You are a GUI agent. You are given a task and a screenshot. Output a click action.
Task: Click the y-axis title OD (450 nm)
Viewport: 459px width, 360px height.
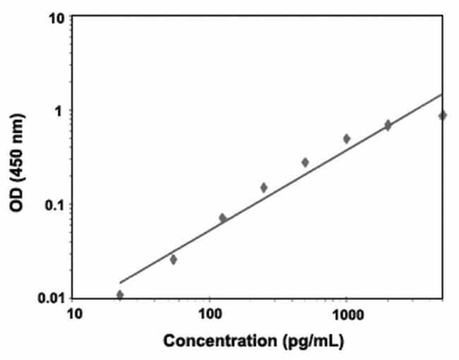[17, 158]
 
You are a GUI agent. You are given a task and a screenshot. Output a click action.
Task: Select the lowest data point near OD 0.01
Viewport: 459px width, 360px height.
[120, 294]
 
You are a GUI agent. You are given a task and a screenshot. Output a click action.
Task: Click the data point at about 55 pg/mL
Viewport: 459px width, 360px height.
[174, 259]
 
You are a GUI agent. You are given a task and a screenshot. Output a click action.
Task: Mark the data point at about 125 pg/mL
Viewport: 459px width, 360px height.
[223, 218]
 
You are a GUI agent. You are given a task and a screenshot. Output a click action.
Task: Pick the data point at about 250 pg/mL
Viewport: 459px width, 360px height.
[264, 187]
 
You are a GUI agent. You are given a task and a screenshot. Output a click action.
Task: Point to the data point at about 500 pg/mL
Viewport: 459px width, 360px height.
[305, 162]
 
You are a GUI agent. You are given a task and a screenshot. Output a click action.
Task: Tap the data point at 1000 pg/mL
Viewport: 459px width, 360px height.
[347, 138]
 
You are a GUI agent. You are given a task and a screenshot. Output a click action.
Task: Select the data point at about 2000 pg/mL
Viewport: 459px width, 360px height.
[388, 125]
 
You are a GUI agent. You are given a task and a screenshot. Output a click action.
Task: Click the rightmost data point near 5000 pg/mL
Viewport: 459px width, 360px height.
[442, 115]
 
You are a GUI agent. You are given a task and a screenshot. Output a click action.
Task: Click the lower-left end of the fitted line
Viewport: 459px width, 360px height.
[121, 282]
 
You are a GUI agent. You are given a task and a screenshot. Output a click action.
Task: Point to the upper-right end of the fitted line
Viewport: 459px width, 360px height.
[442, 94]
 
